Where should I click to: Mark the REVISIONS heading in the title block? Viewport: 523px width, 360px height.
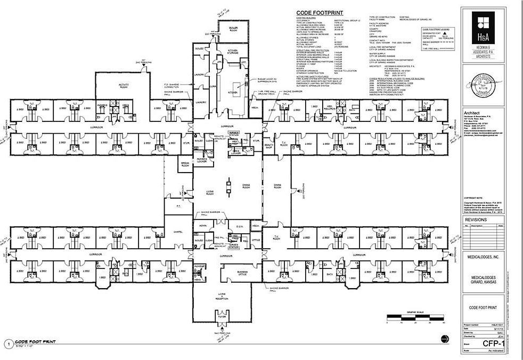pyautogui.click(x=477, y=219)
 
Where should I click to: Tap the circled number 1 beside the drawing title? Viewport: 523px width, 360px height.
pyautogui.click(x=7, y=343)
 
